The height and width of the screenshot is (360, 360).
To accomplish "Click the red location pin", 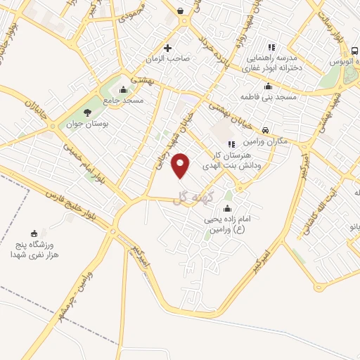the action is tap(181, 165).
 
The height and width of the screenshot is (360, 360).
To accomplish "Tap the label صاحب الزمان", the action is tap(168, 60).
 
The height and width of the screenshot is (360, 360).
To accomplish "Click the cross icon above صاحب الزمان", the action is tap(167, 49).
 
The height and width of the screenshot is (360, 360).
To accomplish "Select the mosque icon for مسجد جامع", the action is tap(124, 89).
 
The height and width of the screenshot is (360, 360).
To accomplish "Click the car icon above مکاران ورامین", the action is tap(265, 130).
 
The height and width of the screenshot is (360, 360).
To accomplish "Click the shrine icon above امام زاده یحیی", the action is tap(226, 208).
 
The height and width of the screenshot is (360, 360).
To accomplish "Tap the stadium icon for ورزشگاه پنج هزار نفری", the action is tap(34, 233).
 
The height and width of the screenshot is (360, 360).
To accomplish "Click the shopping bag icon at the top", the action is tap(181, 11).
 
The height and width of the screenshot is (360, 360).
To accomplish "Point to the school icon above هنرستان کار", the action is tap(231, 144).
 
